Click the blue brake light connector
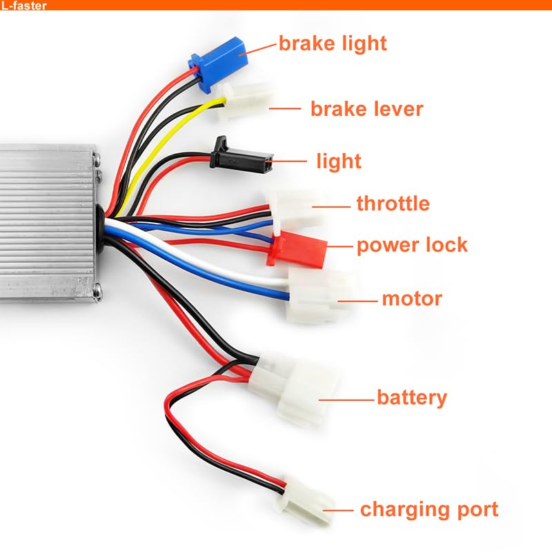pos(218,63)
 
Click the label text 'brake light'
pos(333,43)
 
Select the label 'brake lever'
pos(367,109)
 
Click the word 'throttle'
pos(393,203)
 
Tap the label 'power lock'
pos(412,246)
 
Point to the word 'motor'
pos(412,299)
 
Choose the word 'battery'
pos(412,398)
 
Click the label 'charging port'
pos(429,510)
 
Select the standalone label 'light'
pos(339,161)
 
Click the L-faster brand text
pos(23,6)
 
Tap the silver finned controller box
pos(49,222)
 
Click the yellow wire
pos(166,141)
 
